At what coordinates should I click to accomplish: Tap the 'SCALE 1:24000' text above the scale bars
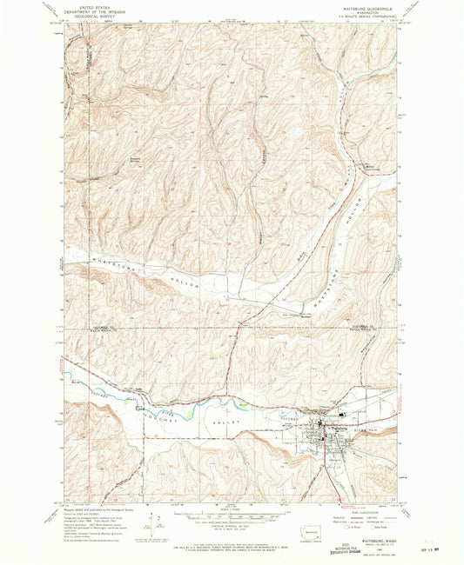coord(232,510)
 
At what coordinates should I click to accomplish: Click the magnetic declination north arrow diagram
coord(158,526)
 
